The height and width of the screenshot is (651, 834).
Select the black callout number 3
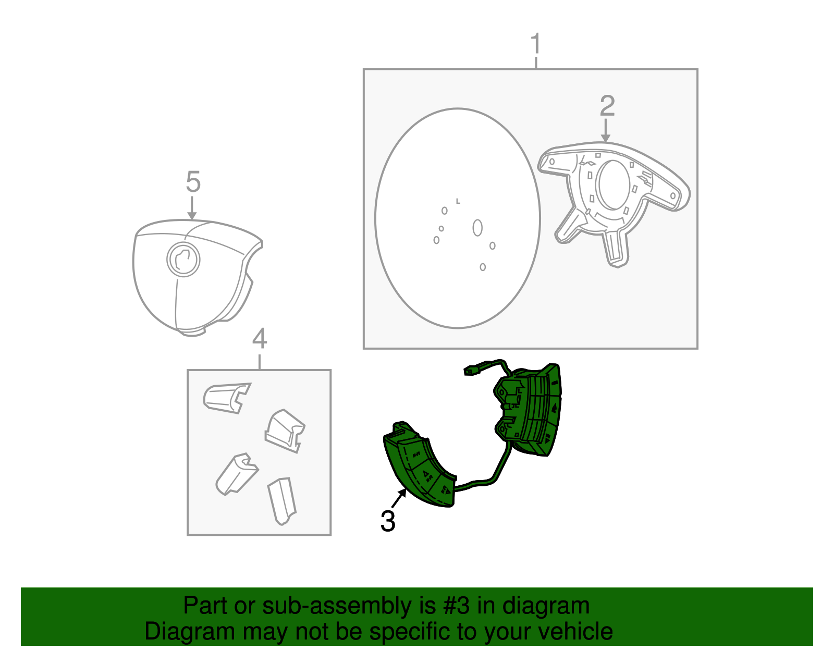pos(388,521)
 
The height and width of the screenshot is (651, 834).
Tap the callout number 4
pos(260,338)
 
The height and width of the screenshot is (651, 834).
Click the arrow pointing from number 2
pos(605,130)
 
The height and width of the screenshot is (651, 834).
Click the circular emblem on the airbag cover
pos(183,260)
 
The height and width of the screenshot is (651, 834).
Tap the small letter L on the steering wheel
pos(458,201)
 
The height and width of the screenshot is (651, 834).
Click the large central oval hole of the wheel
pos(477,228)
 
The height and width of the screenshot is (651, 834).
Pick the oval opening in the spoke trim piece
pos(615,185)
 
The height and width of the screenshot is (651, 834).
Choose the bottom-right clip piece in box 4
pos(282,501)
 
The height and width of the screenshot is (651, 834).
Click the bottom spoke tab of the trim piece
pos(615,249)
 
